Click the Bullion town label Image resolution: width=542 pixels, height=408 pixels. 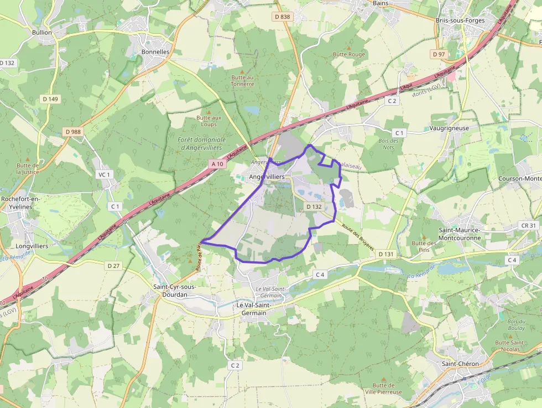[42, 32]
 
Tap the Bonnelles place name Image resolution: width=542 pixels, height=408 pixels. [155, 51]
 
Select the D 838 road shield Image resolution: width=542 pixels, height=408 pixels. [282, 17]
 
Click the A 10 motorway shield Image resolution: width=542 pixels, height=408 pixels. [217, 164]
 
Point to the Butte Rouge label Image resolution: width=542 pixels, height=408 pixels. [349, 55]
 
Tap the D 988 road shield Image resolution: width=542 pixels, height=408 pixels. [72, 132]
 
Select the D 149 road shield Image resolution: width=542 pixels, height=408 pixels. [50, 99]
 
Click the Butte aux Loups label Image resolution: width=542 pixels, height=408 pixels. [209, 121]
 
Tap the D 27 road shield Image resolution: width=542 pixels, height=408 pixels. [113, 266]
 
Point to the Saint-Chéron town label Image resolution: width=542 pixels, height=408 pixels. [460, 364]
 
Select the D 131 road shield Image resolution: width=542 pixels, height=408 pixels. [386, 254]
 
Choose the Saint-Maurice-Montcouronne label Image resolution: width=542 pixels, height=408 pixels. [461, 233]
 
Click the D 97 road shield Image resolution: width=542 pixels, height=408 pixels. [439, 54]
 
